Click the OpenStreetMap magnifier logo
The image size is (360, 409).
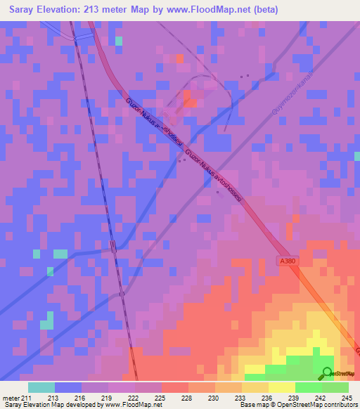pos(327,373)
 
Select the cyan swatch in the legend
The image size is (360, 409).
pos(41,387)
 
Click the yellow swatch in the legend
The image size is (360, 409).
pos(282,387)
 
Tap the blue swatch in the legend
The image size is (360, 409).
pos(68,387)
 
